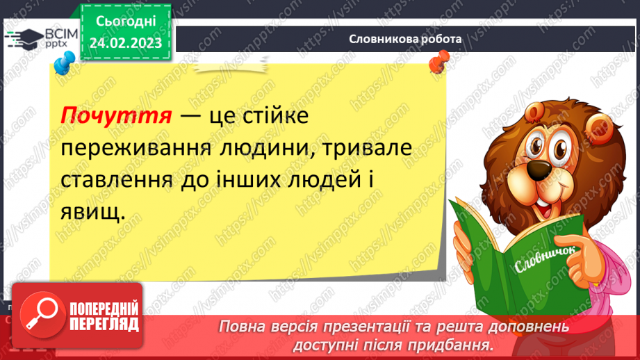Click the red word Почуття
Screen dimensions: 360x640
[116, 115]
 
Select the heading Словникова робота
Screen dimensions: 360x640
[406, 40]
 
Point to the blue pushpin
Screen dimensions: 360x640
[63, 65]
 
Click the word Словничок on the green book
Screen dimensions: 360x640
[542, 261]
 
